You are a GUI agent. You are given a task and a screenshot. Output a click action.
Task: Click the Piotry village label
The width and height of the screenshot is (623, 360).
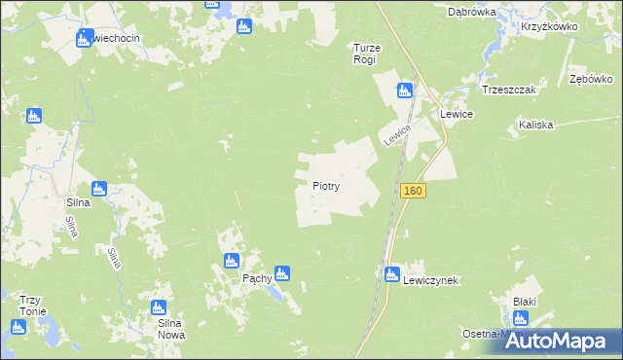coord(325,185)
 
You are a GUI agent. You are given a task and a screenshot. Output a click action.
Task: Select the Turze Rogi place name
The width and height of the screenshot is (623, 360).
coord(364,54)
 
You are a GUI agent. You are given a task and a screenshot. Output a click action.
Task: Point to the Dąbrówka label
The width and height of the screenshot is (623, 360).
coord(472,13)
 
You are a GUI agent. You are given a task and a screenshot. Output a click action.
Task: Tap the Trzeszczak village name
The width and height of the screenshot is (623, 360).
coord(504,89)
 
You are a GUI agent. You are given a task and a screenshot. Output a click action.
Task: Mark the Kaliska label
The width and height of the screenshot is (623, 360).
coord(536,125)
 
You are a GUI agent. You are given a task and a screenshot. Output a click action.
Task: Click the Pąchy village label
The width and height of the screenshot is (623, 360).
coord(256,277)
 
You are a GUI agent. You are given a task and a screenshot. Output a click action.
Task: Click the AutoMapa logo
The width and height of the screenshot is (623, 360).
coord(564,341)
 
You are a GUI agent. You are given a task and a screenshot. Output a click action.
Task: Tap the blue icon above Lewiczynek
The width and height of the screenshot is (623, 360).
coord(391,274)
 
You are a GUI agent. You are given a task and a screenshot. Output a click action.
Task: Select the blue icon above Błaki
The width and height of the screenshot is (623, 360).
coord(524,300)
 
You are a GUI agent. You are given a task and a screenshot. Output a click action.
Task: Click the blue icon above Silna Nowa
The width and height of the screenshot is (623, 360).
coord(159,307)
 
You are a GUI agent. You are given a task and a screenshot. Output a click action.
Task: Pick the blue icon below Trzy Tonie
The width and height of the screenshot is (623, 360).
coord(17,327)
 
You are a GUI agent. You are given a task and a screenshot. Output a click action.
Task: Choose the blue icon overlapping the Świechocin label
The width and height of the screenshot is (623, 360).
coord(84,39)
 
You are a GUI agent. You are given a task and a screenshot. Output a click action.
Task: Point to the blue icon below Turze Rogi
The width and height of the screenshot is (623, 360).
coord(404,90)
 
